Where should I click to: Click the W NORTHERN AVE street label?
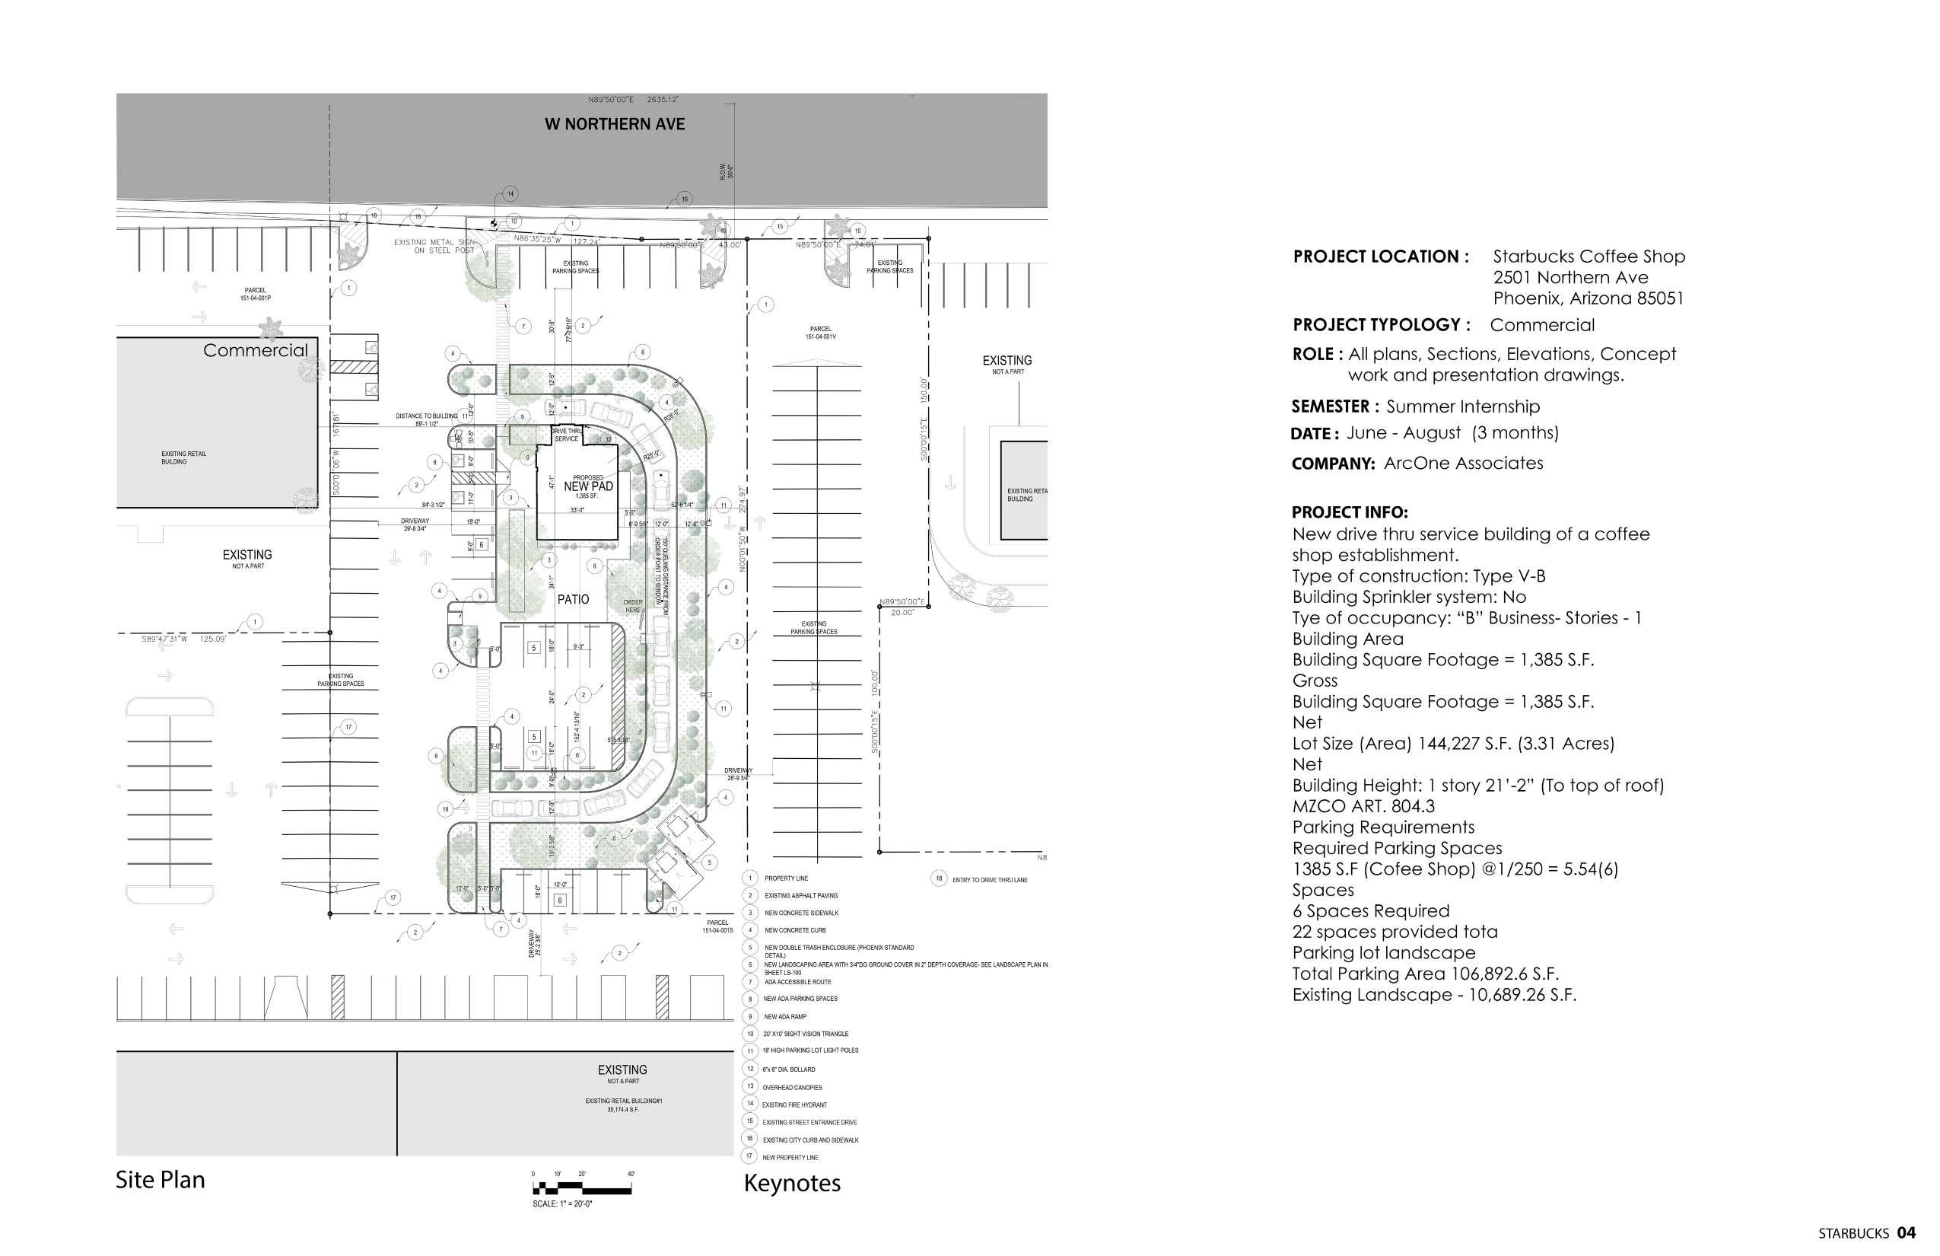coord(615,124)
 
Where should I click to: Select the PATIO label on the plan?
coord(573,600)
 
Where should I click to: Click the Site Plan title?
coord(160,1179)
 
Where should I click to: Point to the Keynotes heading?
coord(791,1183)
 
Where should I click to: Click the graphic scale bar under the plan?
coord(582,1190)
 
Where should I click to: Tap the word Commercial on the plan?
coord(255,350)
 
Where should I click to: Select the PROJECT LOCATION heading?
coord(1381,256)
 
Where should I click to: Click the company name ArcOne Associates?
coord(1463,464)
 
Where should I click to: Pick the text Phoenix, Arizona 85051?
coord(1588,298)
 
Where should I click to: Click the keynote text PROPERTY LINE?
coord(786,878)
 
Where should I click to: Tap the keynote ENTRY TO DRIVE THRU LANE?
coord(990,880)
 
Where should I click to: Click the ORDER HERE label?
coord(633,606)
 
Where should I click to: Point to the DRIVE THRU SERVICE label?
coord(567,435)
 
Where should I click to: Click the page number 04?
coord(1907,1232)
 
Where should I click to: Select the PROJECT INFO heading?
coord(1349,513)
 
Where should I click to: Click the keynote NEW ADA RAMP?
coord(785,1017)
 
